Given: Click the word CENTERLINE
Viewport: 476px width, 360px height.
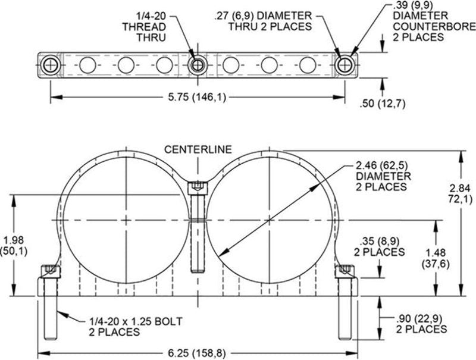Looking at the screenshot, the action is (x=198, y=149).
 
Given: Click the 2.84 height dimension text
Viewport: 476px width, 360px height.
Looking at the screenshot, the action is (x=460, y=193).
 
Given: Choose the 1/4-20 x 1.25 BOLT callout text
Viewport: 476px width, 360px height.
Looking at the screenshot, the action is (x=136, y=326).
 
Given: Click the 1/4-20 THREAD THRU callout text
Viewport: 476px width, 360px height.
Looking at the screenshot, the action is (x=145, y=27).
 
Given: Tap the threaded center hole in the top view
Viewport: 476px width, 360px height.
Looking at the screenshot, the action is (x=198, y=65).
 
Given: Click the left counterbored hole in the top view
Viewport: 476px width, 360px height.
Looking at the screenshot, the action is (x=51, y=65).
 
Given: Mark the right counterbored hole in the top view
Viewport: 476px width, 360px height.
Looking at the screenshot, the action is (x=345, y=65).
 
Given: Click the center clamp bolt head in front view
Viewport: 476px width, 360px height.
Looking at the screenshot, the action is (x=198, y=188).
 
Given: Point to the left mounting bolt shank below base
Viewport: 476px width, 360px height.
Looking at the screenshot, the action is (x=51, y=318).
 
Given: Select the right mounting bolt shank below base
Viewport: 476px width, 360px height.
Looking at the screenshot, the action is (x=345, y=318).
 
